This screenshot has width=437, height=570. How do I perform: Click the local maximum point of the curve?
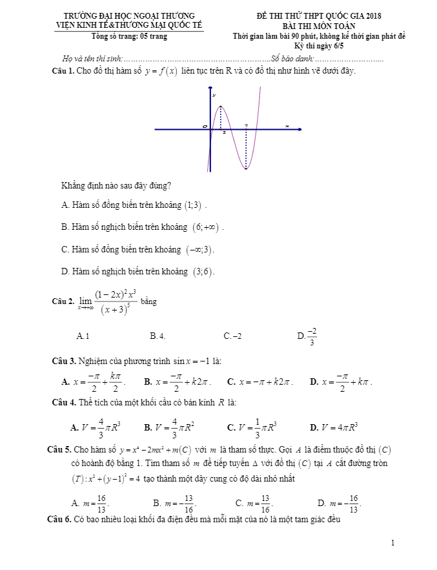221,107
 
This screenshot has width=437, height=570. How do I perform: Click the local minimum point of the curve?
246,168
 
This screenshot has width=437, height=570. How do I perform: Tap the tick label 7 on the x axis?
246,126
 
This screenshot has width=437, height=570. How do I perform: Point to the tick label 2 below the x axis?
223,133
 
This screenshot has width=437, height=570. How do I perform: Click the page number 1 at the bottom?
392,543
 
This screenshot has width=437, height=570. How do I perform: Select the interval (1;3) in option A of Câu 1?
196,205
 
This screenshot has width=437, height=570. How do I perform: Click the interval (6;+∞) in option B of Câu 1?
207,227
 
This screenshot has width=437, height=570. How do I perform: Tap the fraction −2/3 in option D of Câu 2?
312,336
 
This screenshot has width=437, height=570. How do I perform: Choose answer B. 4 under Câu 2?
158,336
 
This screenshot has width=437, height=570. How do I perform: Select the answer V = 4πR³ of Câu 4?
338,427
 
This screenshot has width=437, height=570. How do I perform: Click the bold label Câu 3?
63,360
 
